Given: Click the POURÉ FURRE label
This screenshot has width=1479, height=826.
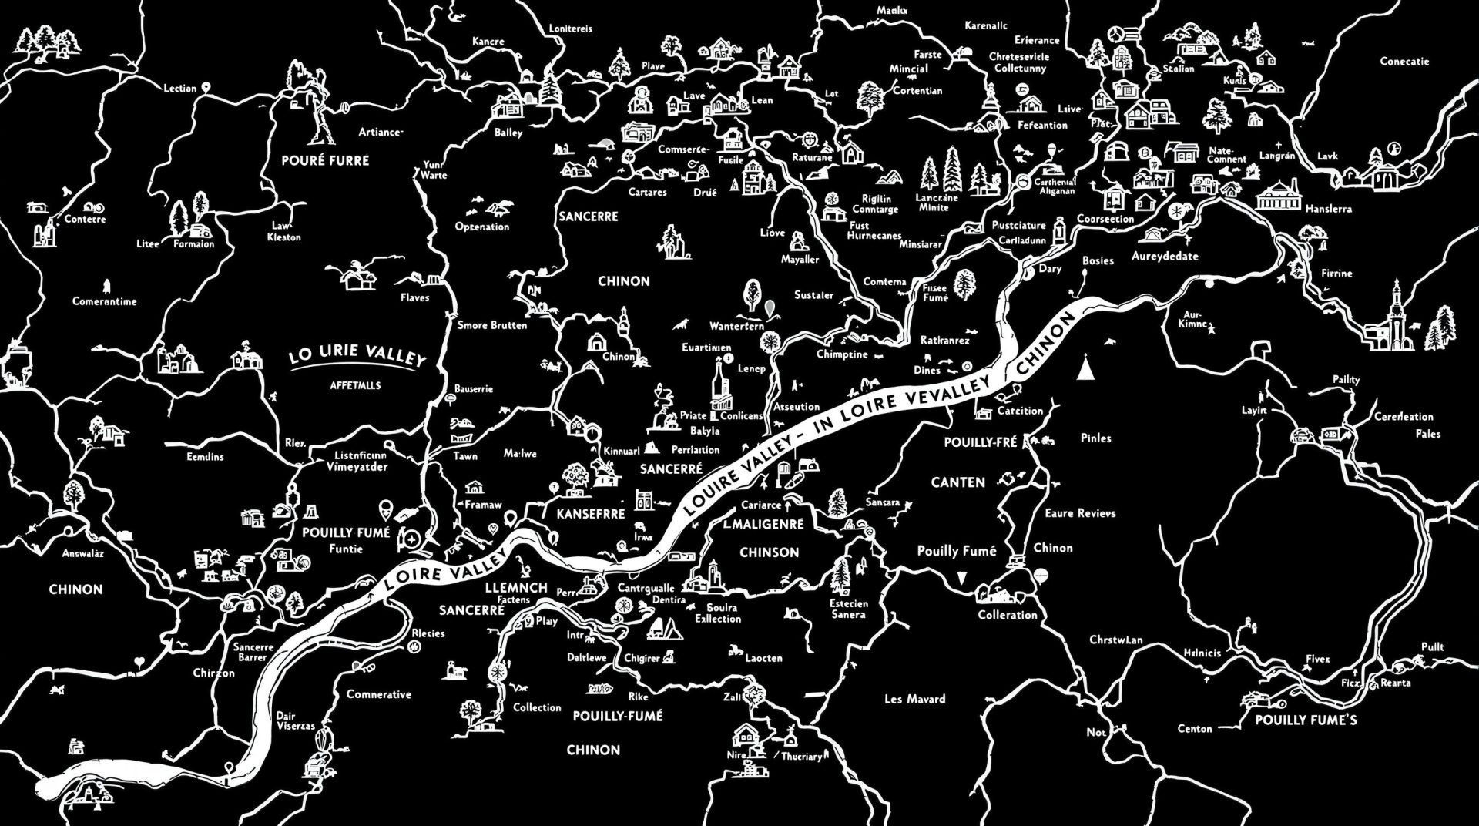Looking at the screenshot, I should pos(324,160).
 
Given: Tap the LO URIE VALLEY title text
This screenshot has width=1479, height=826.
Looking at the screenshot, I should pos(357,359).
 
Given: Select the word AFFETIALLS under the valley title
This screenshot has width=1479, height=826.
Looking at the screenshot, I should pos(355,385).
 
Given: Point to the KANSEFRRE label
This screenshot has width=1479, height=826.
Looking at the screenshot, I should pos(590,514).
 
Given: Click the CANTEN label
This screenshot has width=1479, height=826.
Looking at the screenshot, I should pos(957,482).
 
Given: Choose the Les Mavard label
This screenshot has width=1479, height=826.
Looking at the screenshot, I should pos(914,699).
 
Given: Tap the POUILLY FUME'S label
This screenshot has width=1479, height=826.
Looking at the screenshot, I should pos(1306,720).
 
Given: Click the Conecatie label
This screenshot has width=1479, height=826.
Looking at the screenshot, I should pos(1404,62).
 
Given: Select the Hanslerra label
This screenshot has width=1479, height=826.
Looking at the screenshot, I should pos(1328,209).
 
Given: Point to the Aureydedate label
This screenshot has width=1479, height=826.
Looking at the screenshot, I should pos(1164,256).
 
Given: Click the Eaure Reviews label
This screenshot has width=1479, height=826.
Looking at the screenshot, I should pos(1080,513).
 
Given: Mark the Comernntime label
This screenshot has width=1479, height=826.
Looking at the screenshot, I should pos(104,301).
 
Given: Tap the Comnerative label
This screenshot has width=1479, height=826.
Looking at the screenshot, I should pos(378,694).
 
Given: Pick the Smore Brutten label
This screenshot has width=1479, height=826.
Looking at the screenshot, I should pos(492,325).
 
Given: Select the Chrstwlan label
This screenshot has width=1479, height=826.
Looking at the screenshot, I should pos(1115,640).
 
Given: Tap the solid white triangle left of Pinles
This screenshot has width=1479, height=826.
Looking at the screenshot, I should pos(1087,368).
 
